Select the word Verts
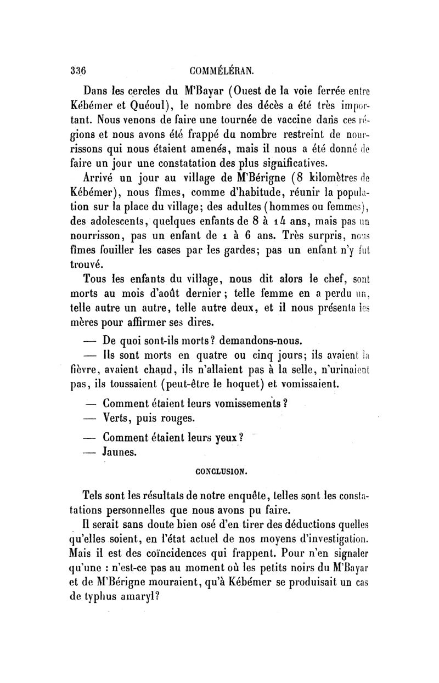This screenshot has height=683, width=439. pyautogui.click(x=119, y=418)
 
